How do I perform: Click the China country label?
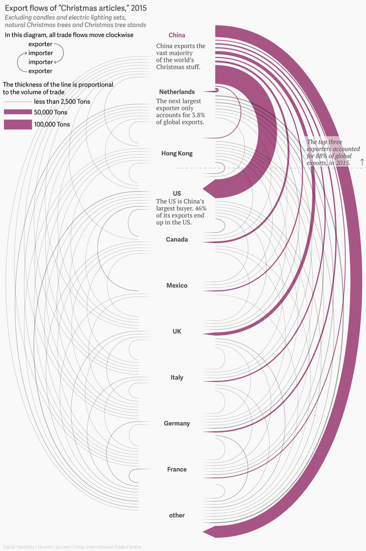(177, 35)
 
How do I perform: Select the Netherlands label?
(177, 92)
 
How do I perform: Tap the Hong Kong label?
(177, 154)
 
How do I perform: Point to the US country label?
(177, 194)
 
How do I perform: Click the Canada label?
(177, 239)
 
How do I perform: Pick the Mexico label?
(177, 285)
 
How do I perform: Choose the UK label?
(177, 331)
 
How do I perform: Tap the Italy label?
(177, 377)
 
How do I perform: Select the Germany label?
(177, 423)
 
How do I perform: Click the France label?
(177, 470)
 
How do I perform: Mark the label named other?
(177, 515)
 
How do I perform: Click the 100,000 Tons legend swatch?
(17, 125)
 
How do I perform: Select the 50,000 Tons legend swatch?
(17, 112)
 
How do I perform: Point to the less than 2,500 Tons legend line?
(17, 102)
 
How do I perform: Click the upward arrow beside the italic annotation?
(362, 162)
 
